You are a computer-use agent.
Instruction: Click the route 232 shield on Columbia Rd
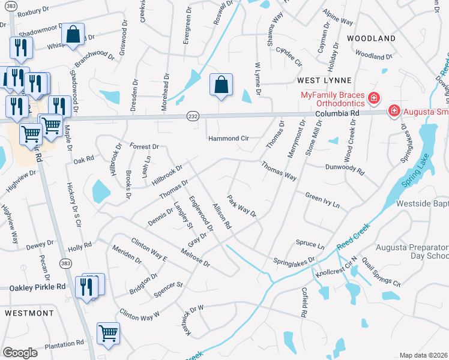coord(193,115)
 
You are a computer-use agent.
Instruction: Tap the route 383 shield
coord(64,263)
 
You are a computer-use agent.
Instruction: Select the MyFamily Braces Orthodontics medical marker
coord(373,97)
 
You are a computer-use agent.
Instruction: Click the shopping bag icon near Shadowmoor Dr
coord(73,37)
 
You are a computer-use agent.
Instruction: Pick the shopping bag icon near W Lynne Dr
coord(221,86)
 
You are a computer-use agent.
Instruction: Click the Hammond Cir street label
coord(228,138)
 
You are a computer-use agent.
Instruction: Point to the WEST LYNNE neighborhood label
coord(322,80)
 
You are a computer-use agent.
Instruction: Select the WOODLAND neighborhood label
coord(371,38)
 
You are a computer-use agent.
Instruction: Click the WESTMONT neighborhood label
coord(29,313)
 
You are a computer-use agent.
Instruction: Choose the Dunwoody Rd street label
coord(345,170)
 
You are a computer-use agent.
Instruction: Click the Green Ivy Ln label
coord(322,200)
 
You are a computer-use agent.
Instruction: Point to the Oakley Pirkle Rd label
coord(37,287)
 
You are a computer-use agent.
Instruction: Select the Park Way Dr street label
coord(241,205)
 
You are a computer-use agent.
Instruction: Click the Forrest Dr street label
coord(143,146)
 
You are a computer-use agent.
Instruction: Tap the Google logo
coord(20,353)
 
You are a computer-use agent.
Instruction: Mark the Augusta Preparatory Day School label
coord(412,251)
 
